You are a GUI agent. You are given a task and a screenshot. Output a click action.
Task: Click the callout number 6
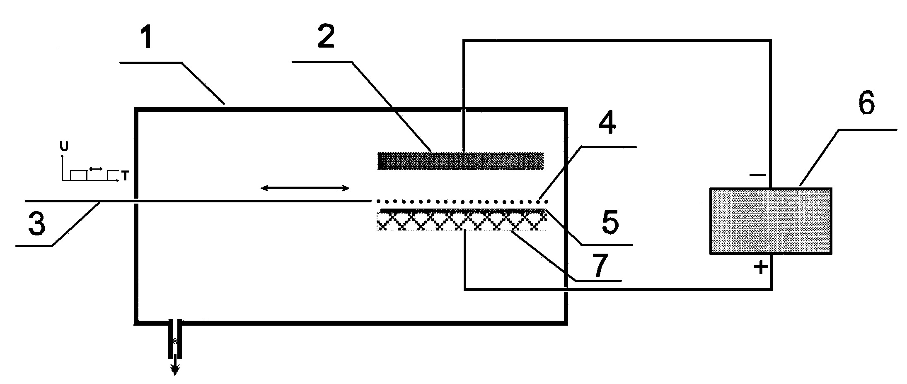point(866,103)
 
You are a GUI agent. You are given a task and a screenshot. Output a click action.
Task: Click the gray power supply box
point(770,221)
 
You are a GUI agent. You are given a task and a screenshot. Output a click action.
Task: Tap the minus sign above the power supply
point(758,175)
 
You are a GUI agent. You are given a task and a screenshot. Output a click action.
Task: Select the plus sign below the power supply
point(761,268)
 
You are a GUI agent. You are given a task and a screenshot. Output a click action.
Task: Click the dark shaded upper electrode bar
point(460,161)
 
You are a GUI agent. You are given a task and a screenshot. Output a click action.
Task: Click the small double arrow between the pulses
point(96,169)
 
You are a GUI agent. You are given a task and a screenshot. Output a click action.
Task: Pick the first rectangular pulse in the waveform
point(79,176)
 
